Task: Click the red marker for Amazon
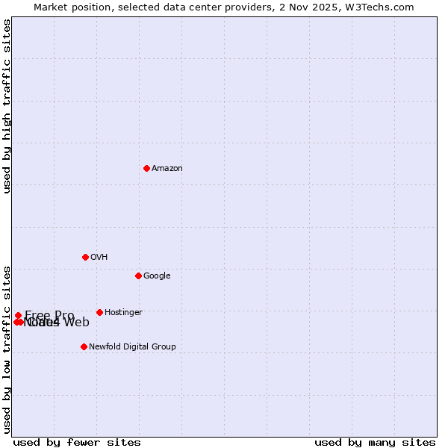pos(146,168)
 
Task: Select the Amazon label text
pos(167,169)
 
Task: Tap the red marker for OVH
pos(85,257)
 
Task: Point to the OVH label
pos(99,258)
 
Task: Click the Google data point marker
pos(138,276)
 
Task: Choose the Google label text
pos(157,276)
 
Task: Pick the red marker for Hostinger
pos(99,312)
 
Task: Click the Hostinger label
pos(123,313)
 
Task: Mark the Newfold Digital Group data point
pos(84,346)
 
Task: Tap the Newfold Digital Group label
pos(132,346)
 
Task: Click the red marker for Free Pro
pos(18,315)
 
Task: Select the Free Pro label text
pos(49,315)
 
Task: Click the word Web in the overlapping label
pos(76,323)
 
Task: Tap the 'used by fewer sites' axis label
pos(77,443)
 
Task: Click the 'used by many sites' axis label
pos(375,443)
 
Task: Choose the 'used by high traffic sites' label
pos(7,106)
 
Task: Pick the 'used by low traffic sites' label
pos(7,349)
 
